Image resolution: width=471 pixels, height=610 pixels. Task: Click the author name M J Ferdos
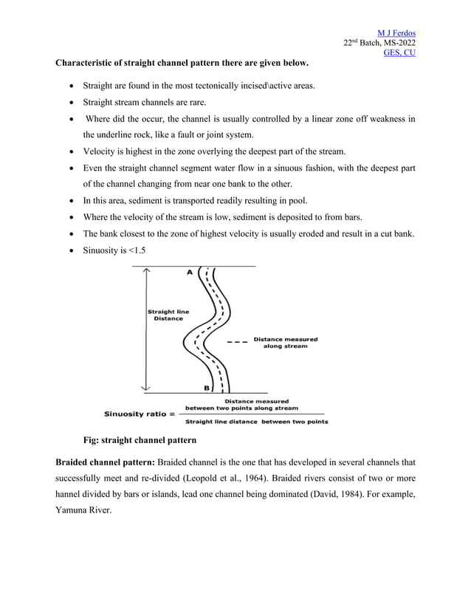click(396, 33)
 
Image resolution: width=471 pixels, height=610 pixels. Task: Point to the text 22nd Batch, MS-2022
click(379, 43)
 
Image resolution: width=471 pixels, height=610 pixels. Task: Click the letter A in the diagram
click(189, 273)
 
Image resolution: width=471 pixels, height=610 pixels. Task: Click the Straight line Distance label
click(168, 315)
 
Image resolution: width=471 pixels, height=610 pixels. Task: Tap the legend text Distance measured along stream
click(285, 343)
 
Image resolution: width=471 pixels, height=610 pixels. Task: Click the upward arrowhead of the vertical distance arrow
click(148, 271)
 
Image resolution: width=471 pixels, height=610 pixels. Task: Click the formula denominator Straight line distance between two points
click(256, 422)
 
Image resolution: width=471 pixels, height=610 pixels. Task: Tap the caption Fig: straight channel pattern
click(140, 441)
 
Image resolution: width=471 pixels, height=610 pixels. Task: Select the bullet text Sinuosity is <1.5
click(114, 250)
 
